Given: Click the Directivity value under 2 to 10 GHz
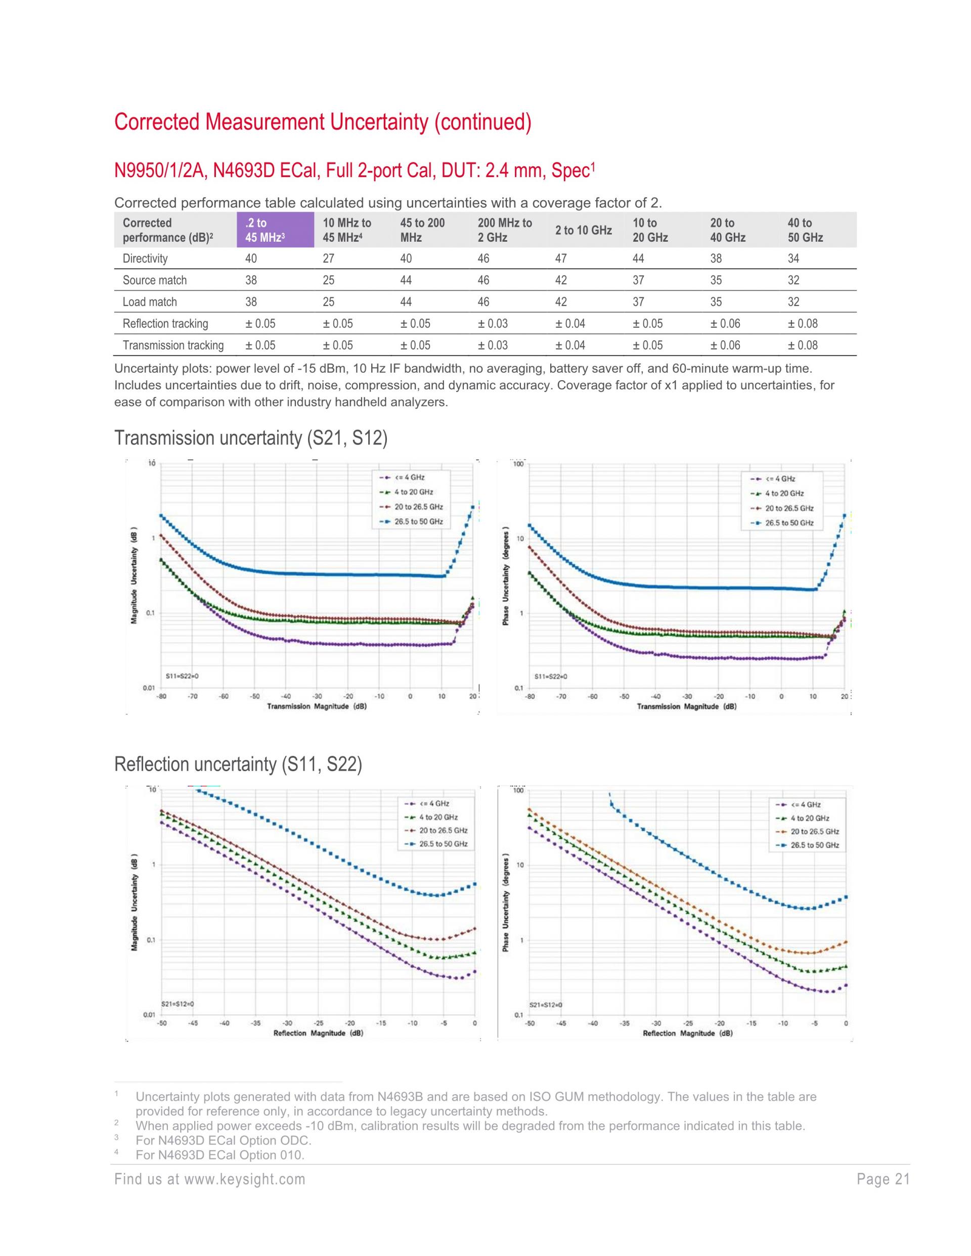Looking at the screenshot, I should [x=561, y=258].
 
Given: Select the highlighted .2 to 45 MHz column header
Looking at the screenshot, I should [x=275, y=230].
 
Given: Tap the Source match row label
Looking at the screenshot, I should [x=155, y=280].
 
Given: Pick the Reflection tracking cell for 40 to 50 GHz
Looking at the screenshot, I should [x=803, y=323].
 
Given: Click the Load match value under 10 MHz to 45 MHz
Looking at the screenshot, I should [x=328, y=302].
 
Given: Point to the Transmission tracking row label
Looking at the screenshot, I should [x=172, y=345].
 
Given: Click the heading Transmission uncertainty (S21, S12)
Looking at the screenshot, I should [x=251, y=438].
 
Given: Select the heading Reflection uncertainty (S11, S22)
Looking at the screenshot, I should [x=238, y=765].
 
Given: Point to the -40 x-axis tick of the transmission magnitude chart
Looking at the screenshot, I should [x=286, y=696].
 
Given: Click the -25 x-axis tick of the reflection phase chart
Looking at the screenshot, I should [x=687, y=1023].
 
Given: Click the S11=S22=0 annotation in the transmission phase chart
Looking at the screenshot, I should [x=551, y=677].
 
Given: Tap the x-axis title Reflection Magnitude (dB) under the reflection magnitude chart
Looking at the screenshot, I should [x=318, y=1033].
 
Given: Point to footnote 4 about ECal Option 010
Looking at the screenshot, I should [x=220, y=1155].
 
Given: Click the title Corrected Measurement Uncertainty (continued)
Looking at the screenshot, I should [x=323, y=122].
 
